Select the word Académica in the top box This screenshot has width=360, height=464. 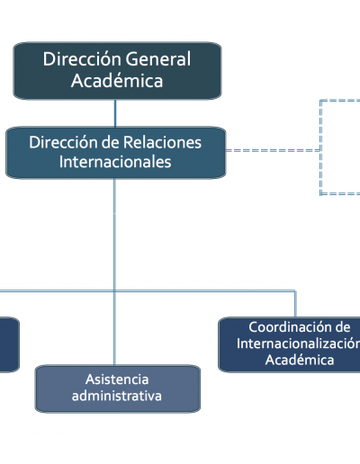[117, 81]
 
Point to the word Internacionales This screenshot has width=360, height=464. [115, 162]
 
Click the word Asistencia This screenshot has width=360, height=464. [117, 379]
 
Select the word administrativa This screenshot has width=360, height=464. [117, 396]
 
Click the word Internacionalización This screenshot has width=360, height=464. [298, 344]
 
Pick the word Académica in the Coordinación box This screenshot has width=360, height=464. [300, 360]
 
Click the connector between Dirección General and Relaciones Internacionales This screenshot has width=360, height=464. [115, 113]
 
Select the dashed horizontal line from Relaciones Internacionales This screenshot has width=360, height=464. [273, 150]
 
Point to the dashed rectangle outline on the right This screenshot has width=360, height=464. [320, 147]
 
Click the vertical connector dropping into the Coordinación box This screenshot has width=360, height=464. [295, 304]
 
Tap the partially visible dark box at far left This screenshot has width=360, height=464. [9, 344]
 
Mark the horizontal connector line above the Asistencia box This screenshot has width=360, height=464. [148, 290]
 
